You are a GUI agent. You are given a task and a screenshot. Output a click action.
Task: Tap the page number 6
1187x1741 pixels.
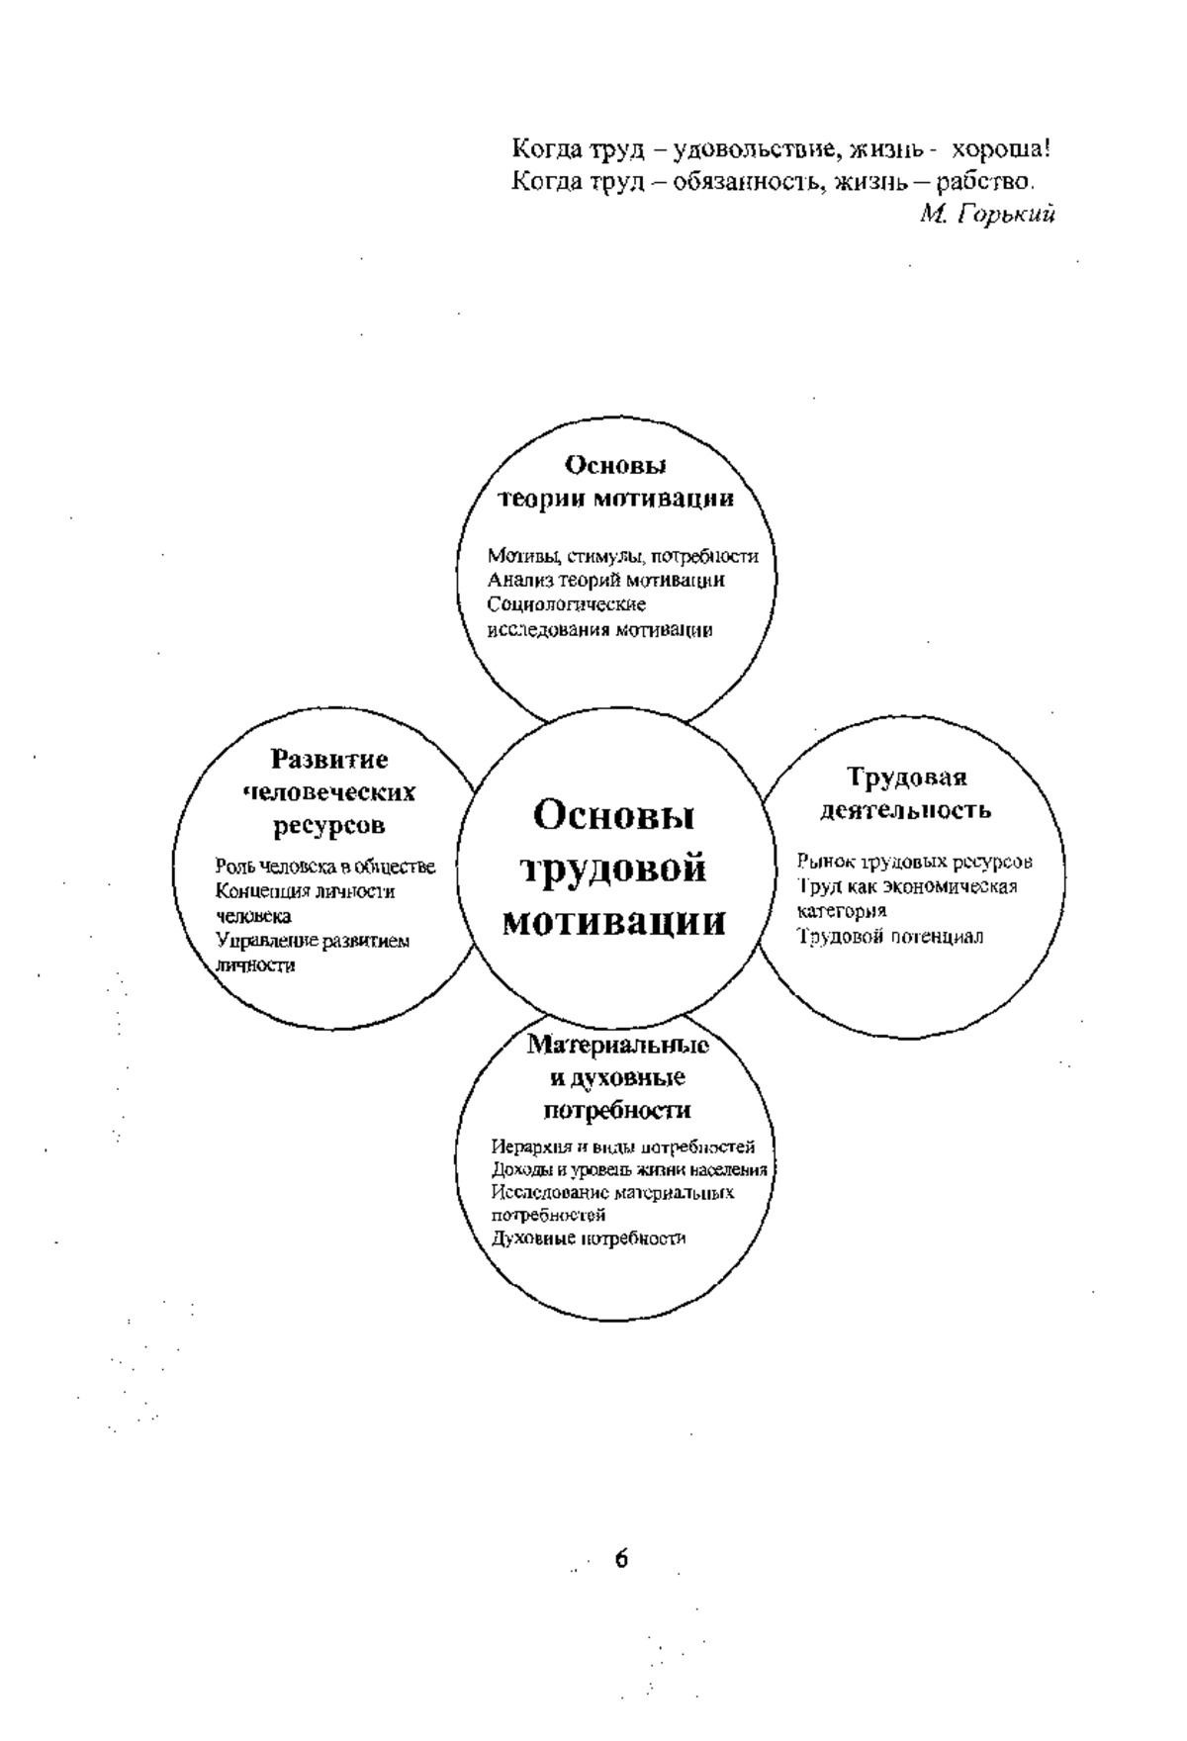[620, 1559]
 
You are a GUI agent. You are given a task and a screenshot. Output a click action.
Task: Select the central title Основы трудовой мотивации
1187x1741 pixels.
[614, 869]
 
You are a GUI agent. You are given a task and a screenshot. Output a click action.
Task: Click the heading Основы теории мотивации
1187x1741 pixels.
[614, 481]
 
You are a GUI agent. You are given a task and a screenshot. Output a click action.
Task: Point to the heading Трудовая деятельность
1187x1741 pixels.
[905, 794]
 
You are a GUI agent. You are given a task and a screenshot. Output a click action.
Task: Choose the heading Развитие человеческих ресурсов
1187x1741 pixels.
[329, 792]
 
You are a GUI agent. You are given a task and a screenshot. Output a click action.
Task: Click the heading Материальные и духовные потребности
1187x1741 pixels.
[617, 1077]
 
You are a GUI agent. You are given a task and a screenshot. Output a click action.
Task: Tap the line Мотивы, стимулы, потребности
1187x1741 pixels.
[623, 556]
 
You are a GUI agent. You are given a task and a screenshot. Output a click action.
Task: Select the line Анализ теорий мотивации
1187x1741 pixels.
[606, 580]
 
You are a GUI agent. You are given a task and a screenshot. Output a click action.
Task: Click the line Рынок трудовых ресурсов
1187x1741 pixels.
[915, 862]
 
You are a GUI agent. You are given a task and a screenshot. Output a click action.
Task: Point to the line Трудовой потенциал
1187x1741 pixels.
[890, 936]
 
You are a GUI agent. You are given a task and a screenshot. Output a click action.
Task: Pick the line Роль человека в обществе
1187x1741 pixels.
[325, 868]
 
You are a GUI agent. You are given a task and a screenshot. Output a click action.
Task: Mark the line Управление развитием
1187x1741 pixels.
[313, 941]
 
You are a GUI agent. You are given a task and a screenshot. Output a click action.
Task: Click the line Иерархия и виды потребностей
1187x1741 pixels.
[623, 1147]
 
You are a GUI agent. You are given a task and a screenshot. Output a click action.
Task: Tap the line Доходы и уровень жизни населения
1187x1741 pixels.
[630, 1170]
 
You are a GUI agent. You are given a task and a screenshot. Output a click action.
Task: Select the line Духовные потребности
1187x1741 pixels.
[589, 1238]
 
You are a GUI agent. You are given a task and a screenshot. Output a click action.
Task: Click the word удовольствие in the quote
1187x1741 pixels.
[761, 151]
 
